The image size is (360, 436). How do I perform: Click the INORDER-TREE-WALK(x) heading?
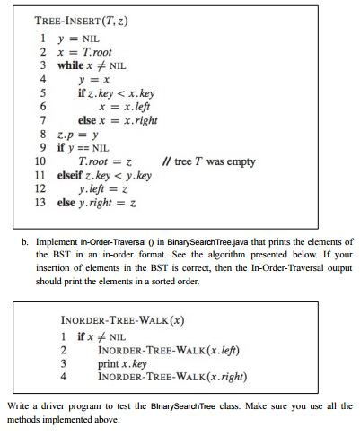point(119,319)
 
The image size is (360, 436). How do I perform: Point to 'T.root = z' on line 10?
point(106,161)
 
